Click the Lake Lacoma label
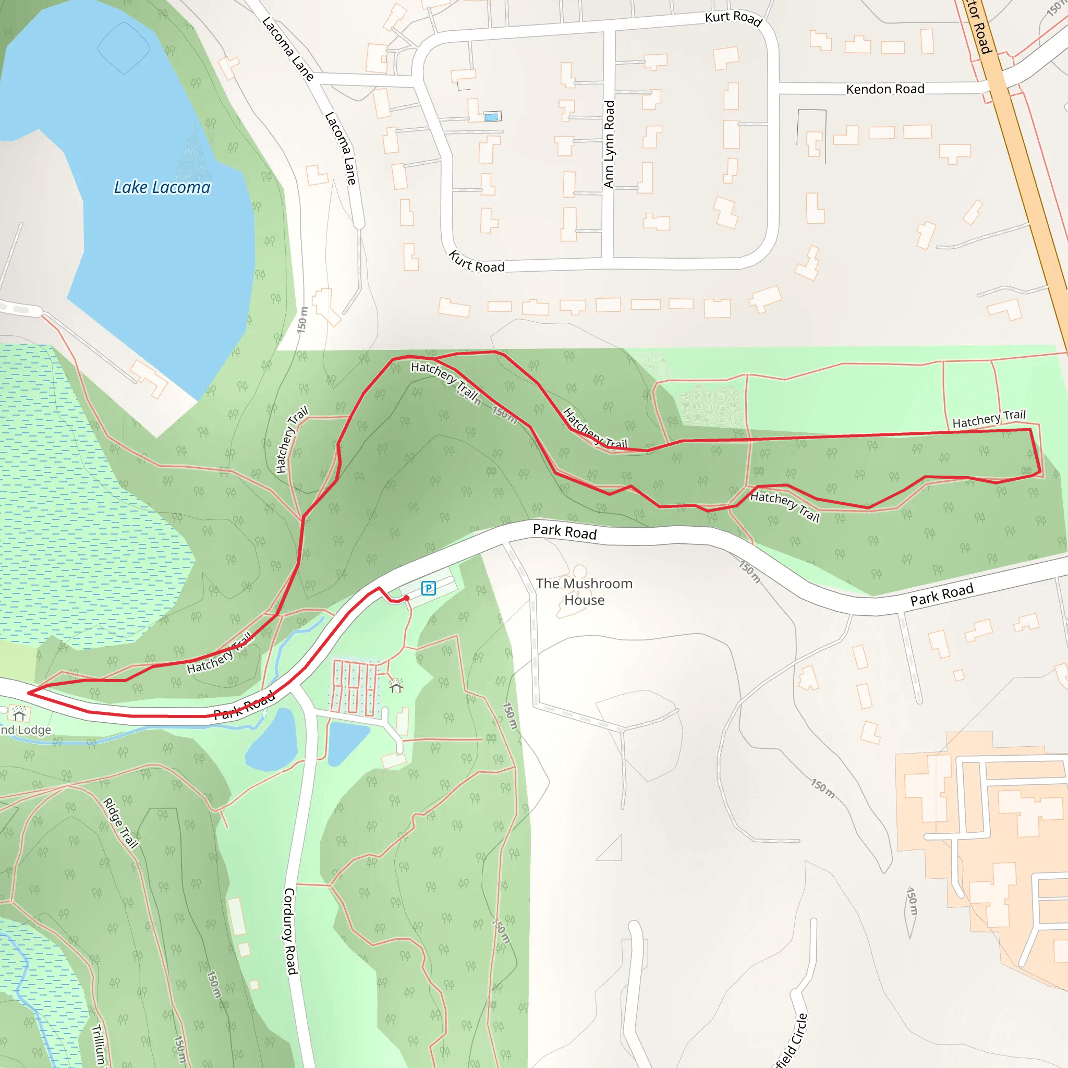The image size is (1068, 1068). (x=162, y=187)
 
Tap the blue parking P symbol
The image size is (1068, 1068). (x=429, y=588)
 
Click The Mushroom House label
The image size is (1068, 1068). (x=584, y=591)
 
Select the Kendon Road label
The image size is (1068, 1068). (x=885, y=89)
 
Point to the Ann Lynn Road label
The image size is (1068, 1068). (x=609, y=144)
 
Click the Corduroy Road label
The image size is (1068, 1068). (x=291, y=931)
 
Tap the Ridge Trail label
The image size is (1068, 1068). (x=120, y=822)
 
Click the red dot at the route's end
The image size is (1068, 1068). (x=406, y=598)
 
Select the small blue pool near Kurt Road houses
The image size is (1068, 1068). (x=491, y=117)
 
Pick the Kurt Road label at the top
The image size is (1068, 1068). (x=734, y=18)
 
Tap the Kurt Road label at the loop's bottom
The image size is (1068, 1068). (x=477, y=261)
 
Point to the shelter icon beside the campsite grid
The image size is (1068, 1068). (x=396, y=686)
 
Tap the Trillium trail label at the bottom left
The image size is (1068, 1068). (x=99, y=1045)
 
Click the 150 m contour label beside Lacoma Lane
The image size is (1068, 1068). (x=302, y=320)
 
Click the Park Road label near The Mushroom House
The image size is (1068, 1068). (x=564, y=531)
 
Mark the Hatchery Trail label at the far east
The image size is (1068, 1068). (x=988, y=418)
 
